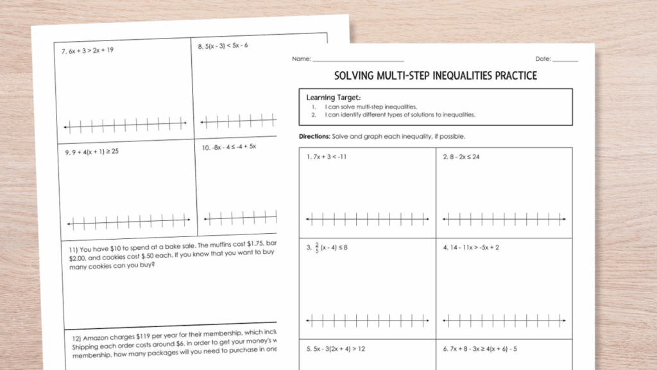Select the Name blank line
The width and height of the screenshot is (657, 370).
pos(357,60)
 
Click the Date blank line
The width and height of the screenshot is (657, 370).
pos(565,60)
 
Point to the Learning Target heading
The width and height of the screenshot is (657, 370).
pos(329,98)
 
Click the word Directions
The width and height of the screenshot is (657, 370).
pos(314,137)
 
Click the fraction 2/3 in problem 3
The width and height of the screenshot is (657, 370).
pos(318,247)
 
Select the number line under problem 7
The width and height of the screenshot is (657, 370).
pos(126,123)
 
